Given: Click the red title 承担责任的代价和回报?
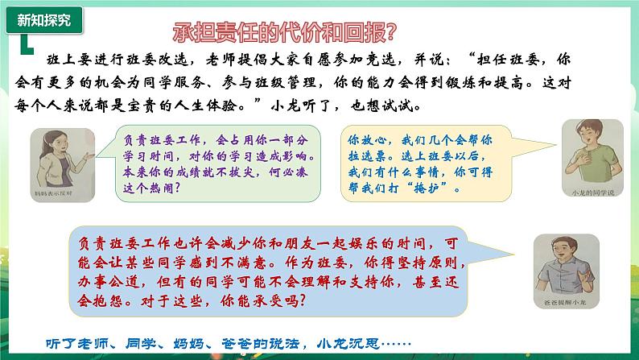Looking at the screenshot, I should pos(285,33).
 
